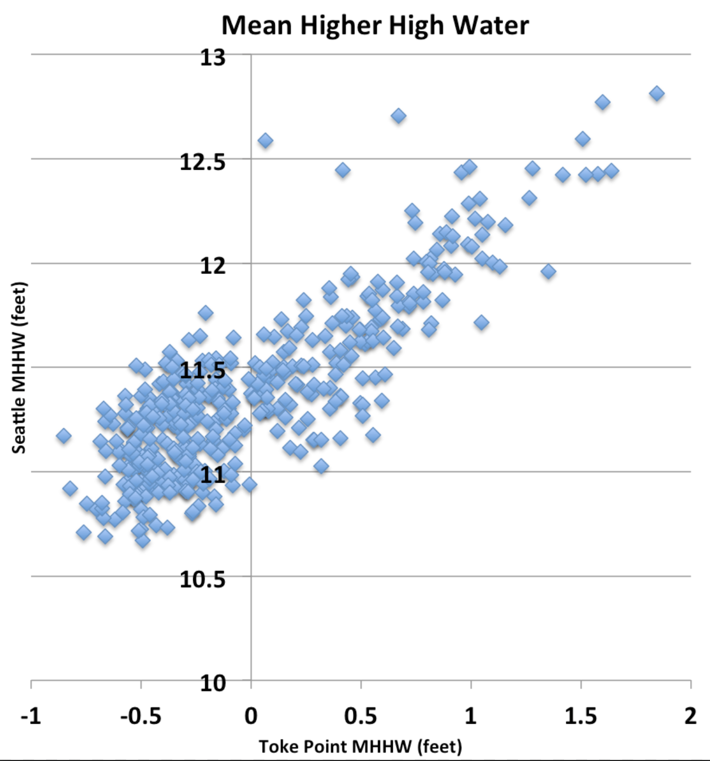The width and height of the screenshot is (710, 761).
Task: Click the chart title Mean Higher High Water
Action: pos(375,25)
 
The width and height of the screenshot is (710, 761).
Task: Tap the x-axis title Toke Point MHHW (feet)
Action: pos(360,746)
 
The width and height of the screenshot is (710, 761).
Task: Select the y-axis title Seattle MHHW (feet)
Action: pos(19,368)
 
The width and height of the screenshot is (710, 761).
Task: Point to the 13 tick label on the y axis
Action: pos(212,57)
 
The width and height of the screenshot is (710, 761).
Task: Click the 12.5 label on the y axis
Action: pos(202,162)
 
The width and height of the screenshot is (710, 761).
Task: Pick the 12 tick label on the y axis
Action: pos(212,266)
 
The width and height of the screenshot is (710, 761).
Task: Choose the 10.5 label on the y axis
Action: pos(202,579)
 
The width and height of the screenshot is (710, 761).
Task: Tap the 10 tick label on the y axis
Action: pos(212,683)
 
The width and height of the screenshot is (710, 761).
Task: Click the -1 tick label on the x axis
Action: pos(31,716)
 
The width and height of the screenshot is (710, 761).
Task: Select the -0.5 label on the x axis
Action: pos(141,716)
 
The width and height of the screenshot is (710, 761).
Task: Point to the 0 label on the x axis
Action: pos(251,716)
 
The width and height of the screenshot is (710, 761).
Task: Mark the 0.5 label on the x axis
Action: pos(361,716)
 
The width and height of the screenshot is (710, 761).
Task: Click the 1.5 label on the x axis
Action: pos(581,716)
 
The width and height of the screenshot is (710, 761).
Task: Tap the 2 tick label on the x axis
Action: pos(690,716)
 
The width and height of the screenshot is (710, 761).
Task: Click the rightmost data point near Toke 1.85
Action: pos(657,93)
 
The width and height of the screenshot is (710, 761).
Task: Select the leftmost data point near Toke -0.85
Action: pos(64,436)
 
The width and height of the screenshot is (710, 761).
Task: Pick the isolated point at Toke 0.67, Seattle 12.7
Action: pos(398,116)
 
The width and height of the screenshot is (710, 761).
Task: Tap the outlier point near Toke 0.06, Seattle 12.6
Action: pos(265,141)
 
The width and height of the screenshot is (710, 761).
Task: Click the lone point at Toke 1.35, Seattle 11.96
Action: pos(548,271)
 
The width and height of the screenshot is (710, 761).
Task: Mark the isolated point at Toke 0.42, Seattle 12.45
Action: pos(342,170)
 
